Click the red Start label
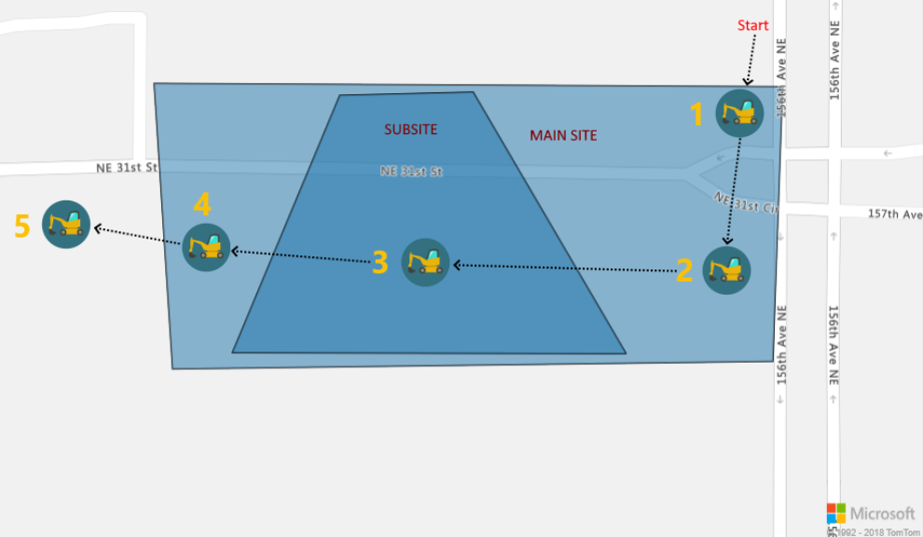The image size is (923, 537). tap(752, 25)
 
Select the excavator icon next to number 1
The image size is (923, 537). tap(739, 113)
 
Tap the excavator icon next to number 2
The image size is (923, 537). tap(726, 270)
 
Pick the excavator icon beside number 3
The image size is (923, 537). tap(425, 262)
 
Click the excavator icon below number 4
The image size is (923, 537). tap(206, 247)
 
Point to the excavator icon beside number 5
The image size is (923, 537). tap(66, 224)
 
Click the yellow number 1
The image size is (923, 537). tap(696, 115)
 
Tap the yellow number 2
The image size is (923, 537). tap(684, 270)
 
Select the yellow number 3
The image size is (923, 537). tap(379, 263)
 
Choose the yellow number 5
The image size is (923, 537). tap(22, 226)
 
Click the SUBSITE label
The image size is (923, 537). tap(410, 130)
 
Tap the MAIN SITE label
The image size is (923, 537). tap(563, 135)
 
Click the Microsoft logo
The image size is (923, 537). tap(870, 514)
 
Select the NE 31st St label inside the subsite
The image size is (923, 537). tap(410, 172)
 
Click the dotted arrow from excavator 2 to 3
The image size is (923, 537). tap(564, 268)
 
